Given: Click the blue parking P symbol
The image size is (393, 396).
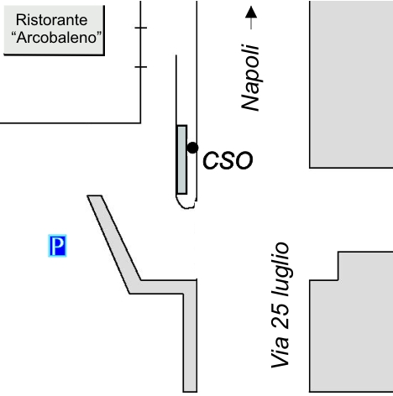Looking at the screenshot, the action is coord(57,246).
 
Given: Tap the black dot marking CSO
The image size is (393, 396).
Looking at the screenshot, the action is coord(192,148).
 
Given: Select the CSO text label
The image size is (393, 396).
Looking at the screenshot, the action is coord(228,160).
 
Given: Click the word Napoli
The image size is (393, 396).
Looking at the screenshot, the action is coord(251,77).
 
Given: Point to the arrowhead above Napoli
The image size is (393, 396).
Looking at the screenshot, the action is coord(251,13).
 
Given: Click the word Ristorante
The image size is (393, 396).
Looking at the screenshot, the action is coord(51,20).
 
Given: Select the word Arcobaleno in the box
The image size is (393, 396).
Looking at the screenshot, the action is coord(56,38).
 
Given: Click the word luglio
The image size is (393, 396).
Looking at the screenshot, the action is coord(280,269).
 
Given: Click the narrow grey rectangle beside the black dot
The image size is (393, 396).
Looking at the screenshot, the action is coord(182,159).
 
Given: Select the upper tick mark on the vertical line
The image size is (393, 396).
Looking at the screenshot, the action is coord(140,28).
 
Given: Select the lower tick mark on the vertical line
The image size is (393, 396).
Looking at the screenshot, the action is coord(140,67).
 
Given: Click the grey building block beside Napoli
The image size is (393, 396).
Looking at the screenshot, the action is coord(351,84).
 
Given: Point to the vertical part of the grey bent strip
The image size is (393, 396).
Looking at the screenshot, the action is coord(190,341).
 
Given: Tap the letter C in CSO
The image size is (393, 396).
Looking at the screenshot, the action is coord(211,160).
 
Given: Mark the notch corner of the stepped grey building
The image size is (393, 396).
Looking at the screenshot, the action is coord(338,279).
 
